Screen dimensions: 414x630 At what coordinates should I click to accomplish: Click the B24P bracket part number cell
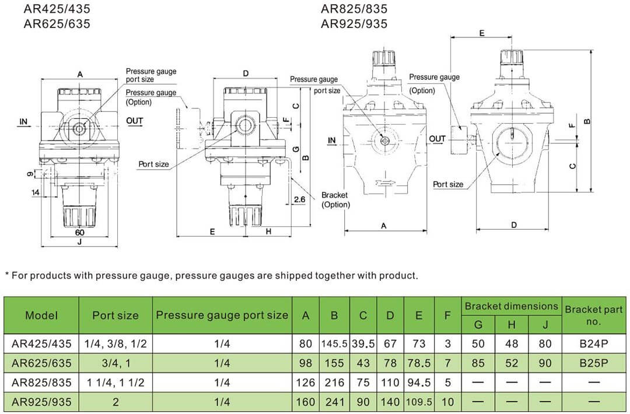point(594,344)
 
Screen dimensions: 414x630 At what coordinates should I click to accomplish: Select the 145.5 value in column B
point(334,344)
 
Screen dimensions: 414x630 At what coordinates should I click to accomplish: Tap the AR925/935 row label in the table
point(41,402)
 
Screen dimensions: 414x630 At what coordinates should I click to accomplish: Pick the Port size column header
point(116,315)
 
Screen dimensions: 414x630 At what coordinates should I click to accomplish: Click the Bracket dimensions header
point(511,306)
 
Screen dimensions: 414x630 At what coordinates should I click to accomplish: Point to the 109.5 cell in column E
point(419,402)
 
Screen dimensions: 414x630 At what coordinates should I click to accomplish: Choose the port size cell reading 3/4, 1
point(116,363)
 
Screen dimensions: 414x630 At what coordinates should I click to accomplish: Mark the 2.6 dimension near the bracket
point(300,199)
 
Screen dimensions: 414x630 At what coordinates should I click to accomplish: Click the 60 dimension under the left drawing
point(79,232)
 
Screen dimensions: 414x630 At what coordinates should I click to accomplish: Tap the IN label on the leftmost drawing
point(23,121)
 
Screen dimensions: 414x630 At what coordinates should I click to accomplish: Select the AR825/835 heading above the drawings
point(353,9)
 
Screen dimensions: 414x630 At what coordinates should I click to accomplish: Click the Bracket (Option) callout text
point(335,200)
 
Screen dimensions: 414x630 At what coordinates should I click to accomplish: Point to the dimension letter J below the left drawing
point(79,243)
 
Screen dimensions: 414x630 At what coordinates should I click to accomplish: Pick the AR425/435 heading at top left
point(57,9)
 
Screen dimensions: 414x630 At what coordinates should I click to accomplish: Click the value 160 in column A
point(306,402)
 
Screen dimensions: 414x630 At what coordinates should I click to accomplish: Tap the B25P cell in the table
point(594,363)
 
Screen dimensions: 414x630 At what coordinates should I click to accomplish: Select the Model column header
point(41,315)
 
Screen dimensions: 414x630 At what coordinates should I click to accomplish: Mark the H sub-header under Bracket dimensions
point(512,324)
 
